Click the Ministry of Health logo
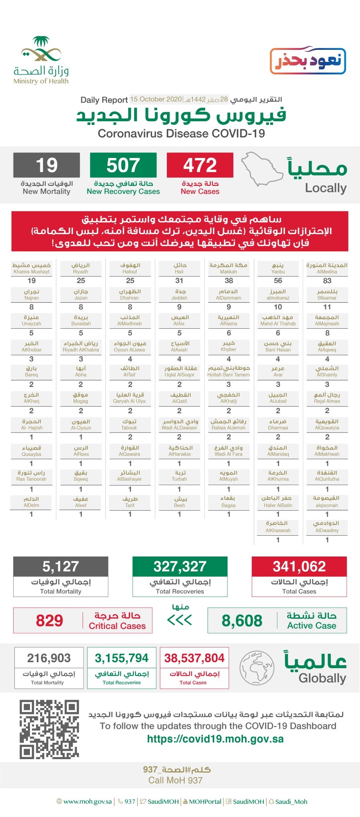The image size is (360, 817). coord(41,60)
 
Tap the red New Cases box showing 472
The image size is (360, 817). coord(200,166)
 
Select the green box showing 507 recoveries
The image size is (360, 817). coord(123,166)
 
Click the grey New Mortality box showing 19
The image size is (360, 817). coord(47,166)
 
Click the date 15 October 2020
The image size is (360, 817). coord(156,99)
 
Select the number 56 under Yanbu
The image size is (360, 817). coord(278,281)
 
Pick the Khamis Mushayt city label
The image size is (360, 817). coord(32,268)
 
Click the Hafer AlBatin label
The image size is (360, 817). coord(278,502)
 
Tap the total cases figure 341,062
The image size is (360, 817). coord(299,566)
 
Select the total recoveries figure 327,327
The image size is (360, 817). coord(180,566)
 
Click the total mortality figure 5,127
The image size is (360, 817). coord(61,566)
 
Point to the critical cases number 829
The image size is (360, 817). coord(49,621)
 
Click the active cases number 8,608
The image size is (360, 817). coord(242,621)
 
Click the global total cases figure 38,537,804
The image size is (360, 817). coord(194,658)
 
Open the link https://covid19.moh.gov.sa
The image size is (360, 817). coord(215,739)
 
